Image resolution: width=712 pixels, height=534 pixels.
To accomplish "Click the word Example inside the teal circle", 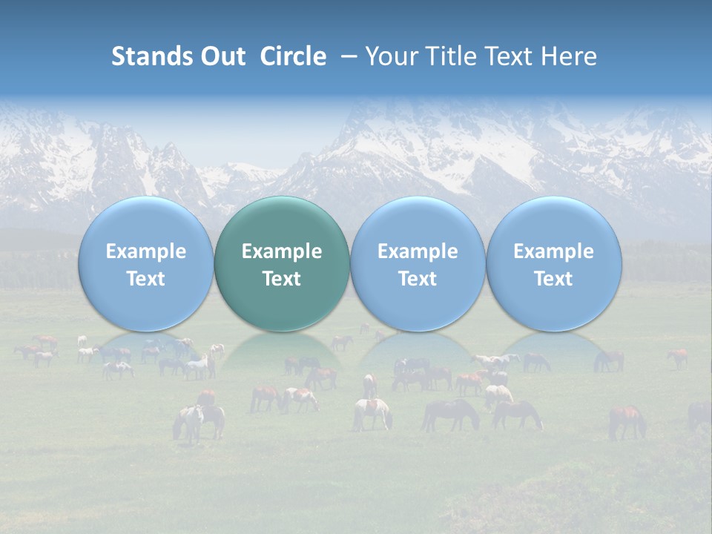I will click(282, 251).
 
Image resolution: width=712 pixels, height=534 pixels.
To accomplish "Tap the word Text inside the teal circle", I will click(282, 279).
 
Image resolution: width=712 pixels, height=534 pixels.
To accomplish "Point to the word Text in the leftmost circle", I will click(145, 279).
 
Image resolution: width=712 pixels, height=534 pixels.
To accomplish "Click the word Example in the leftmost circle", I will click(145, 251).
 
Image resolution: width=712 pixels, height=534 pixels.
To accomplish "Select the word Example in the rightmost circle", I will click(554, 251).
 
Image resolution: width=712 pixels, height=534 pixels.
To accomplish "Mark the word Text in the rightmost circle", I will click(554, 279).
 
